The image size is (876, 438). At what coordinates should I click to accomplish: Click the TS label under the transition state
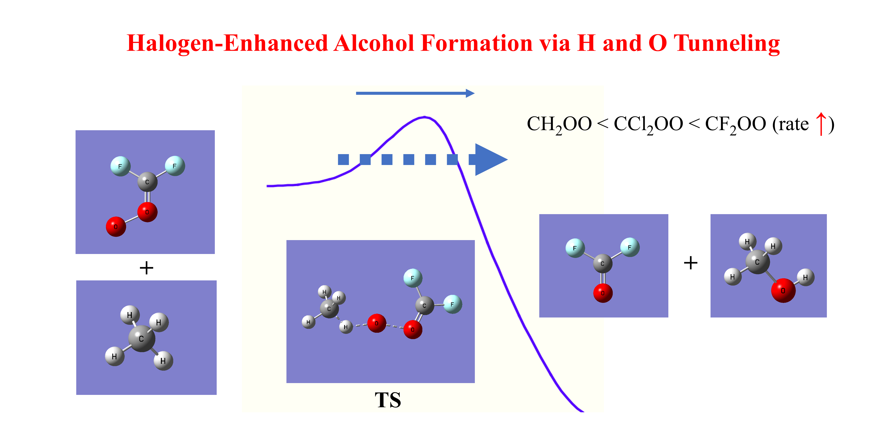pyautogui.click(x=388, y=400)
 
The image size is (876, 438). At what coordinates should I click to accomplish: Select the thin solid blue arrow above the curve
pyautogui.click(x=415, y=93)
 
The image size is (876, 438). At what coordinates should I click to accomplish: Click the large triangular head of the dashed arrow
pyautogui.click(x=490, y=159)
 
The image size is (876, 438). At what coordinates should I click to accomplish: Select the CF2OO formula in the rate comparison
pyautogui.click(x=735, y=124)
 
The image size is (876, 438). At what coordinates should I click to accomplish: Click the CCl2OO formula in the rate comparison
pyautogui.click(x=648, y=124)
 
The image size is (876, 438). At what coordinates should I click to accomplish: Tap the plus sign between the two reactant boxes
pyautogui.click(x=146, y=268)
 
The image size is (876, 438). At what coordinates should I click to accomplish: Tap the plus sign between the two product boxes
pyautogui.click(x=690, y=263)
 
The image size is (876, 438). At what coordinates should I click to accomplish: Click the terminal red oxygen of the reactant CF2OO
pyautogui.click(x=116, y=226)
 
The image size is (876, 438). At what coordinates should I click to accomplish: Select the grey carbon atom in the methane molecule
pyautogui.click(x=141, y=338)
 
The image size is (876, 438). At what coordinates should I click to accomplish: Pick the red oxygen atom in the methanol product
pyautogui.click(x=783, y=290)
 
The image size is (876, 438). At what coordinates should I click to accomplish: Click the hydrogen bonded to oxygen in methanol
pyautogui.click(x=805, y=277)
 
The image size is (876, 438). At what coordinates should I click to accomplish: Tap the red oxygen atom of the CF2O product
pyautogui.click(x=603, y=293)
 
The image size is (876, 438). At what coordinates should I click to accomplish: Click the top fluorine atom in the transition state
pyautogui.click(x=413, y=278)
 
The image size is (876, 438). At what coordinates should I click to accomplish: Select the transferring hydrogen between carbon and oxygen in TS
pyautogui.click(x=346, y=327)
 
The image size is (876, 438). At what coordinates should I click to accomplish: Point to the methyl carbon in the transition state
pyautogui.click(x=329, y=309)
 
